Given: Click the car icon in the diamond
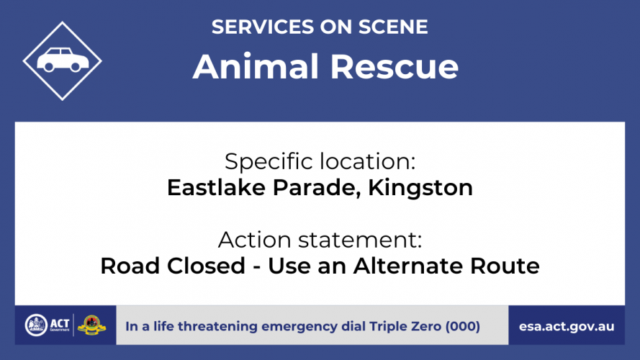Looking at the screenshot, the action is pos(63,60).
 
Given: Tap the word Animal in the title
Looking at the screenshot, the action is pos(256,66).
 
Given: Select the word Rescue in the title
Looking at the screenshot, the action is pos(395,66).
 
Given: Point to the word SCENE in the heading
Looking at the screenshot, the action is pos(393,27).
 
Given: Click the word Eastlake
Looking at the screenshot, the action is pos(216,188).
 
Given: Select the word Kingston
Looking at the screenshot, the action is pos(420,188).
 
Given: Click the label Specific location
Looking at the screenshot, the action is pos(320,161).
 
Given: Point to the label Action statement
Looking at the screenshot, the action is pos(320,240).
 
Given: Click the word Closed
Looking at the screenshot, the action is pos(206,266).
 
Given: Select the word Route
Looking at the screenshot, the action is pos(505,266).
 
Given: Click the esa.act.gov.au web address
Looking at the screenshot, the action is pos(567,327).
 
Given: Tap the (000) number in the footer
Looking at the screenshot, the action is pos(463,327).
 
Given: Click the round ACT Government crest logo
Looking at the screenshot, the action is pos(36,325).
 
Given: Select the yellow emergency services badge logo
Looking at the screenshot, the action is pos(92,325).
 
